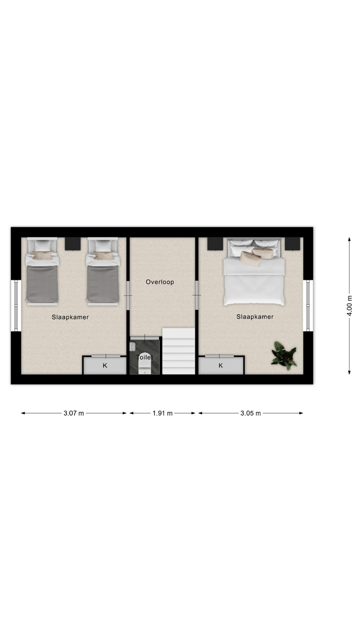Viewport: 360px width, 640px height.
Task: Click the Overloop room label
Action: [x=160, y=282]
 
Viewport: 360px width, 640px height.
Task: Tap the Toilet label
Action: [x=144, y=357]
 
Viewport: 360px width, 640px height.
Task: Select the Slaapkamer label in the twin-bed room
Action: [x=70, y=317]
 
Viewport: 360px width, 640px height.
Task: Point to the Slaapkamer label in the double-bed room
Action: [x=255, y=316]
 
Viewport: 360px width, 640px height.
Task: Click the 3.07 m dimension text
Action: [x=74, y=413]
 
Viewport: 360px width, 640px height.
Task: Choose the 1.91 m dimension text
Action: [x=162, y=413]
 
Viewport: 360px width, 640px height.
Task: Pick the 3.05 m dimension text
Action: [x=251, y=413]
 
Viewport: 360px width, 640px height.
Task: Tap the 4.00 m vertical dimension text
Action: [x=349, y=306]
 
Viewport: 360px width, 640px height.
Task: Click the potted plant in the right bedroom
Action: [x=284, y=354]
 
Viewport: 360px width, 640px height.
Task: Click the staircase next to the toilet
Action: [x=179, y=351]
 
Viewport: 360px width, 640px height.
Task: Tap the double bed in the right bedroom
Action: [x=254, y=271]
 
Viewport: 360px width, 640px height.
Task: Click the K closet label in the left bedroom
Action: [x=105, y=365]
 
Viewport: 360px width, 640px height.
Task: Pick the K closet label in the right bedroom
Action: [x=220, y=365]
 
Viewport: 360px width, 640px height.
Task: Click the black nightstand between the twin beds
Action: [x=72, y=244]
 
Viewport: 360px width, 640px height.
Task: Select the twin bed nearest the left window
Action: [x=42, y=272]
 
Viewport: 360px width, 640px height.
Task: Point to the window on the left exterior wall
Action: [x=16, y=306]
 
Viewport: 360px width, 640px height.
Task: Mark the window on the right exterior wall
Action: [x=308, y=306]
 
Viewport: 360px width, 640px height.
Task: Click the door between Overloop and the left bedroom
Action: [x=128, y=295]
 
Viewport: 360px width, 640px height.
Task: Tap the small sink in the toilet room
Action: [x=132, y=347]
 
